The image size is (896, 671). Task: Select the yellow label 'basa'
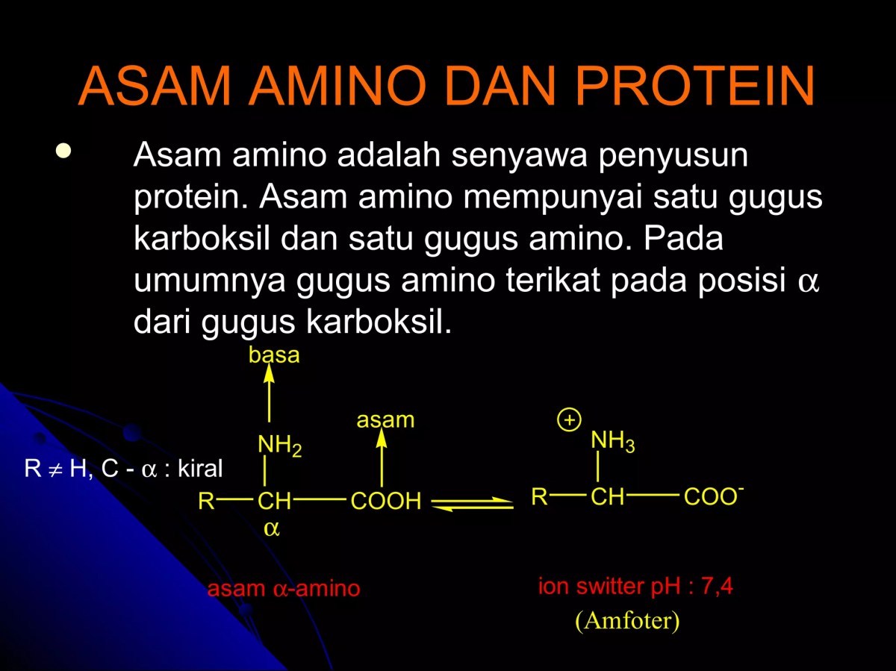pyautogui.click(x=274, y=355)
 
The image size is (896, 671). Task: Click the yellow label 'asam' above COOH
pyautogui.click(x=385, y=420)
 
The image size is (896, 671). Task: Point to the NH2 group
pyautogui.click(x=279, y=446)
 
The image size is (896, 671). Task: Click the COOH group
pyautogui.click(x=386, y=502)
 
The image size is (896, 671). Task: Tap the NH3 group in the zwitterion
pyautogui.click(x=613, y=441)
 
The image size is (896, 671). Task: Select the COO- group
pyautogui.click(x=714, y=497)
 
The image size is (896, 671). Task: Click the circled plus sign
pyautogui.click(x=569, y=421)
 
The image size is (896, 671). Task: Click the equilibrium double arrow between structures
pyautogui.click(x=473, y=505)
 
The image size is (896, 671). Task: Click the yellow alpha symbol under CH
pyautogui.click(x=272, y=529)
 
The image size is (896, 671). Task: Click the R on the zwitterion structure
pyautogui.click(x=539, y=497)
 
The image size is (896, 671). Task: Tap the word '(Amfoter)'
pyautogui.click(x=627, y=621)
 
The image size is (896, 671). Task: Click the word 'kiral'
pyautogui.click(x=200, y=469)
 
